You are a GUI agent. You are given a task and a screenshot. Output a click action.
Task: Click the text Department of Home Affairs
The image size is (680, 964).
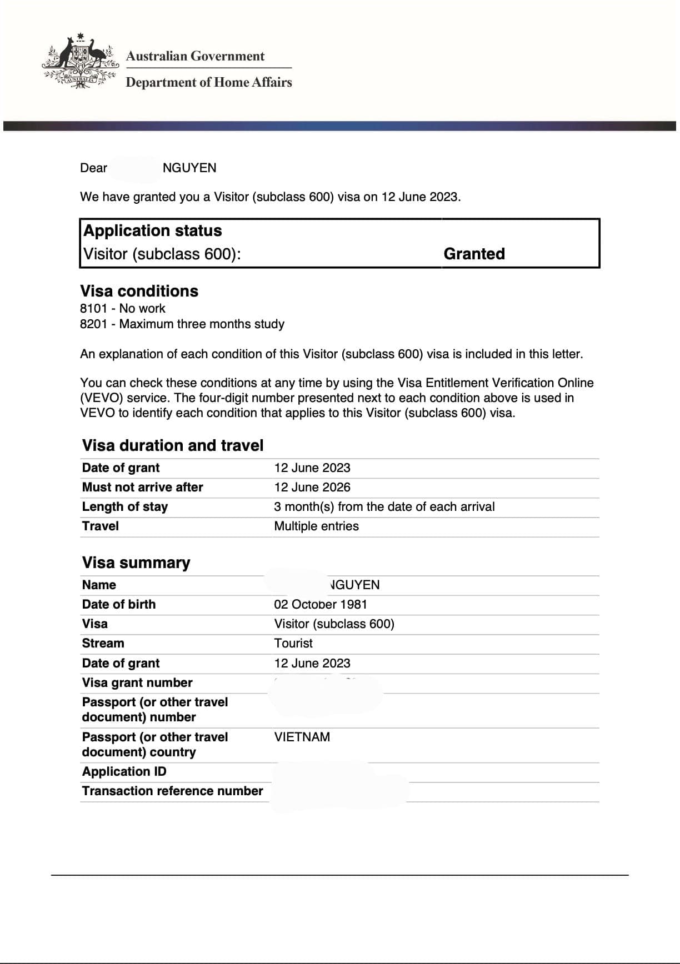(208, 82)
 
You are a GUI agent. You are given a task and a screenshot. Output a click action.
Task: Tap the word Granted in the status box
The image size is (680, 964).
(474, 254)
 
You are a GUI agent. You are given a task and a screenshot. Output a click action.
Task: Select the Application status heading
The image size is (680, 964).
(152, 230)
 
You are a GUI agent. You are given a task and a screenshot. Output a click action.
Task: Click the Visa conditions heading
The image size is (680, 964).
(139, 291)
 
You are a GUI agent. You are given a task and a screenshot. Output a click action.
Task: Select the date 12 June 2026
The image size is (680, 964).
(312, 488)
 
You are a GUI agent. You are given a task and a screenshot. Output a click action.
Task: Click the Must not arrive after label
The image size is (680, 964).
(142, 488)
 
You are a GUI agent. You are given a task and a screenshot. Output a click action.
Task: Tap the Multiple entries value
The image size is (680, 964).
(316, 526)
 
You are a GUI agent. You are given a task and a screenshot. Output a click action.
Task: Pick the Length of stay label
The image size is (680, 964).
(124, 507)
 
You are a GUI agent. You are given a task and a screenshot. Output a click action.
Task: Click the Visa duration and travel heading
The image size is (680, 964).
(173, 445)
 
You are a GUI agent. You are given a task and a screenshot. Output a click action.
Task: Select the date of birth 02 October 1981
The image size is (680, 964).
(320, 605)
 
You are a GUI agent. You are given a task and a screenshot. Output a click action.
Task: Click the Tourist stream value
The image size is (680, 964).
(293, 644)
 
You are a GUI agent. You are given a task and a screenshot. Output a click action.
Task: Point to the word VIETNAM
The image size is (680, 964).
(302, 737)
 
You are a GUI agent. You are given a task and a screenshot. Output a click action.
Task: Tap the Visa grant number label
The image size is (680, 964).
(137, 683)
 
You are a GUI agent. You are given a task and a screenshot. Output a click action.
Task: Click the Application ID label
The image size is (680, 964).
(124, 772)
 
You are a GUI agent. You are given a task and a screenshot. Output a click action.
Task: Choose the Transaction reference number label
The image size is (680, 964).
(172, 791)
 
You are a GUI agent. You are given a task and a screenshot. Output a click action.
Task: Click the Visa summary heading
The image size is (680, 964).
(136, 563)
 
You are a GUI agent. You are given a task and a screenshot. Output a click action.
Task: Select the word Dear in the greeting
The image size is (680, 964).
(93, 168)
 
